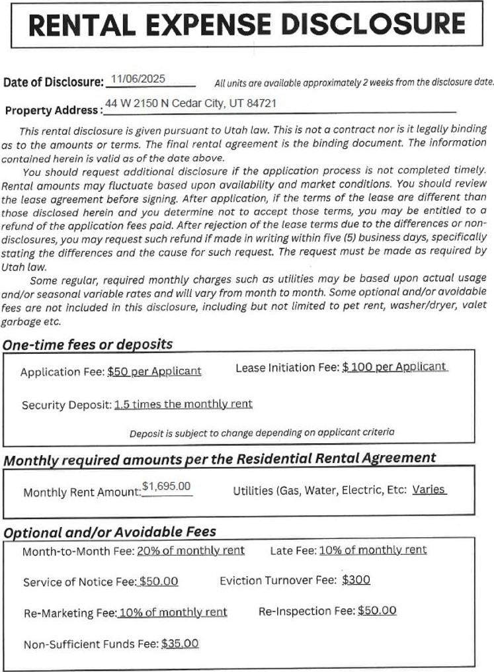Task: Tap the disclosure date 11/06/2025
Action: (x=138, y=79)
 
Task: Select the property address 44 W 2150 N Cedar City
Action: (x=190, y=103)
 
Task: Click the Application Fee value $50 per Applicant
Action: (x=154, y=371)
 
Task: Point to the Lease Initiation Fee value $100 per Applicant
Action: (x=394, y=366)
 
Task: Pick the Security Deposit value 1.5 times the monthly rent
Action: (x=183, y=404)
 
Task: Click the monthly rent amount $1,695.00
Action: (x=166, y=487)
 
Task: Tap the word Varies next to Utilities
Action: (x=429, y=490)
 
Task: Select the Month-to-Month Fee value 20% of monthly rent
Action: (x=190, y=550)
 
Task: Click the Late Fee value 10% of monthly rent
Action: (x=373, y=550)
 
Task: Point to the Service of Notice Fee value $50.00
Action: (x=158, y=581)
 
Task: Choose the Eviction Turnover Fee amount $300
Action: (x=356, y=580)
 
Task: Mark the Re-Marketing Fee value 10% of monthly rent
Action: (x=173, y=612)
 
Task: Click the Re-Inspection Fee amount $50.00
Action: (x=377, y=610)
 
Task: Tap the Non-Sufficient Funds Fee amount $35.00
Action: (x=180, y=643)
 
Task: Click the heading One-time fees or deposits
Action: (x=87, y=344)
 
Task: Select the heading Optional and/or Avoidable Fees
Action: (x=110, y=532)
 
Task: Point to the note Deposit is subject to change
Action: (x=262, y=433)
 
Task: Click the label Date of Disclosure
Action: (x=53, y=83)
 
